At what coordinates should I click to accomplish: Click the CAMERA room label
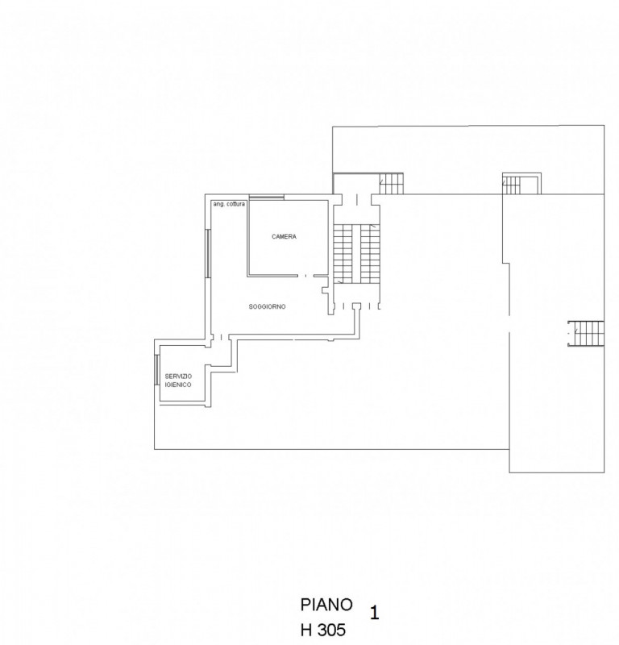click(284, 237)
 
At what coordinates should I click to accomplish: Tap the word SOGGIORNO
click(268, 306)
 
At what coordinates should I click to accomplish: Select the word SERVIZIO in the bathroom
click(178, 377)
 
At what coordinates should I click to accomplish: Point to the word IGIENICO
click(178, 385)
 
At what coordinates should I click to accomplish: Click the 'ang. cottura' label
click(228, 204)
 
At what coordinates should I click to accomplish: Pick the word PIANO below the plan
click(326, 604)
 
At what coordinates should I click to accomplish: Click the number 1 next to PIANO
click(374, 612)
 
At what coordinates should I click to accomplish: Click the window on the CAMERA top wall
click(266, 198)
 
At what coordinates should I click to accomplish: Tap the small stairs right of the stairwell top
click(390, 184)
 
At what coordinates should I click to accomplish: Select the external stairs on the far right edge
click(587, 331)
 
